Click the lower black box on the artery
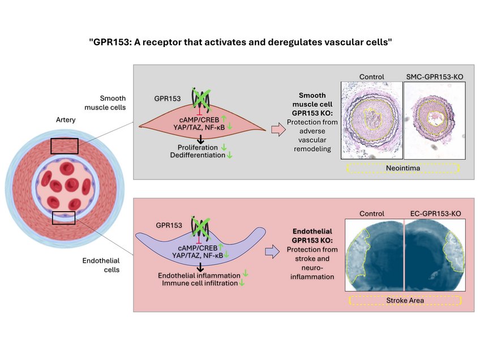pyautogui.click(x=63, y=217)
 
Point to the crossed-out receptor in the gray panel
pyautogui.click(x=200, y=98)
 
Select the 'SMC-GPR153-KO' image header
pyautogui.click(x=434, y=76)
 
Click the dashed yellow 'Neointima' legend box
pyautogui.click(x=402, y=168)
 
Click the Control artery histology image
pyautogui.click(x=371, y=119)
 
